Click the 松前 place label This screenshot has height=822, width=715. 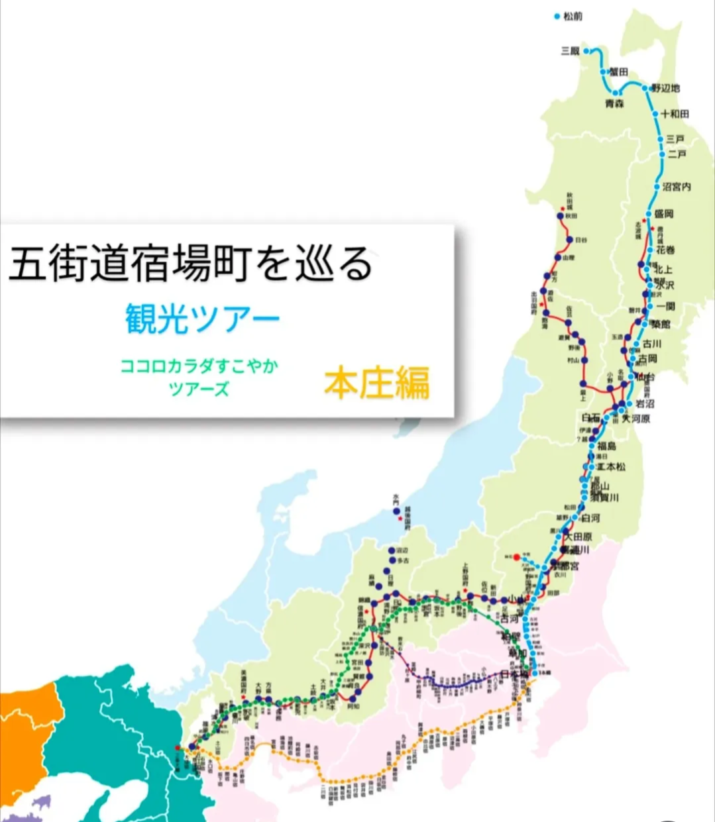[x=573, y=16]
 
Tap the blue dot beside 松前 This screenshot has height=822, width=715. [x=557, y=16]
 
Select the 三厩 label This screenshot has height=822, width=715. [x=570, y=51]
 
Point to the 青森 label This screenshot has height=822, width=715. [x=614, y=104]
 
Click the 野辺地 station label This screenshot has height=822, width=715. [x=666, y=88]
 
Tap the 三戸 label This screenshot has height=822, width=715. [x=676, y=139]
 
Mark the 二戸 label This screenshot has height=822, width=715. [x=677, y=154]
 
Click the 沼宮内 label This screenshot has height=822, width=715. [x=677, y=187]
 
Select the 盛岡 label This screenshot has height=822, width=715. [x=663, y=214]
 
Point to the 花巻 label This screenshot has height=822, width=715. [x=665, y=250]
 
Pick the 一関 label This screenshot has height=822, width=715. [x=665, y=306]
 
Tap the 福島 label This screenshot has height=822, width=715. [x=606, y=446]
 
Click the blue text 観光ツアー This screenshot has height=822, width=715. [x=203, y=319]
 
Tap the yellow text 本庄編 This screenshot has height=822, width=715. [x=376, y=383]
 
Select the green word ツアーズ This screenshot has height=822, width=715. [x=199, y=389]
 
